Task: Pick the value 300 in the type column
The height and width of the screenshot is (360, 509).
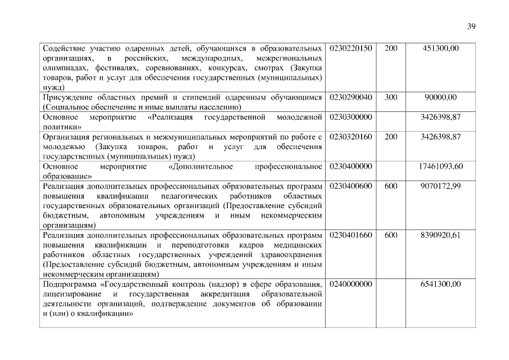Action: [x=391, y=97]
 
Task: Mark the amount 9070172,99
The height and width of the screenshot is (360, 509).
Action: [x=440, y=186]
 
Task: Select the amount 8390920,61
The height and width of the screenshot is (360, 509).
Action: [x=440, y=235]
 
